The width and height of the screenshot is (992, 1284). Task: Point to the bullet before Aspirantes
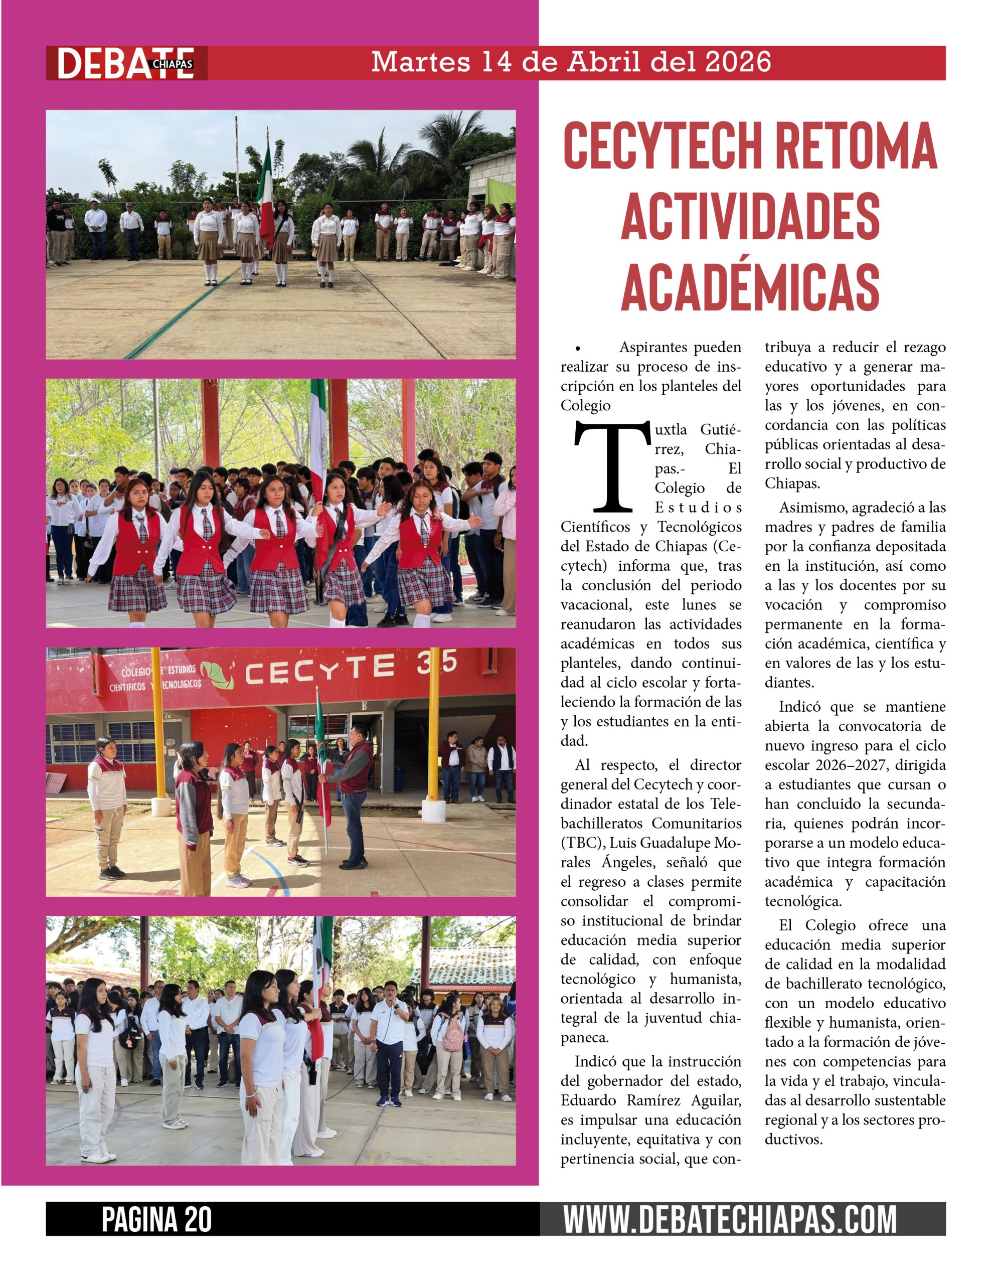click(579, 349)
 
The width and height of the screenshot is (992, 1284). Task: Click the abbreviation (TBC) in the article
click(582, 843)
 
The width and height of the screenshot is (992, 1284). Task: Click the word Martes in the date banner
click(420, 62)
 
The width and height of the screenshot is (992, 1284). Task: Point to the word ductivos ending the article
click(793, 1140)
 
